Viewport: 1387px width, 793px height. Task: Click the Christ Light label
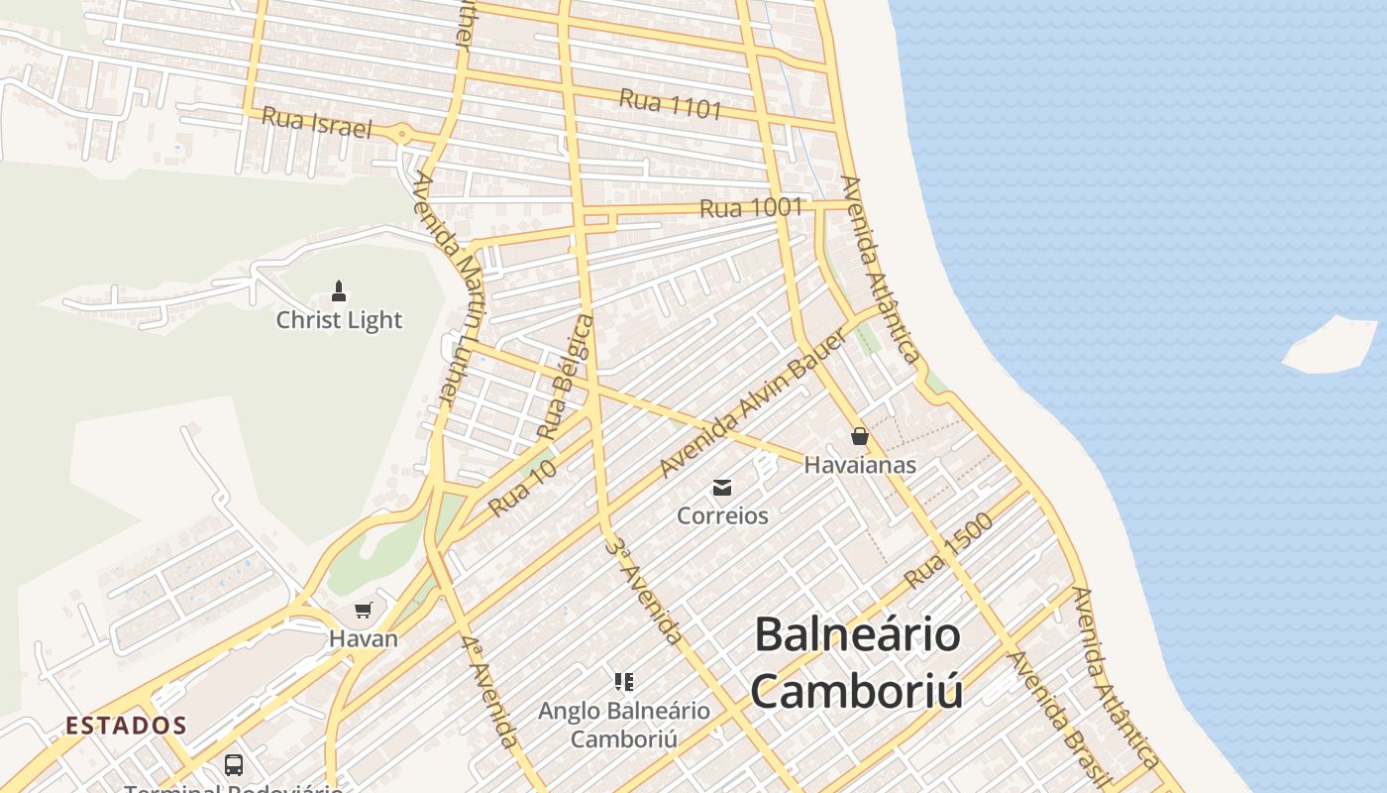[x=339, y=320]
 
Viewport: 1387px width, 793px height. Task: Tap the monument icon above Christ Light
[x=339, y=290]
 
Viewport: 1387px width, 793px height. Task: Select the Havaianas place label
[x=859, y=464]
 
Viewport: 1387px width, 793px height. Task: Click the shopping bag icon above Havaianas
[x=859, y=436]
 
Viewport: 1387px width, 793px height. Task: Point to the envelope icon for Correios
[x=722, y=487]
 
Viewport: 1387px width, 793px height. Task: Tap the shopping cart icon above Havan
[x=364, y=610]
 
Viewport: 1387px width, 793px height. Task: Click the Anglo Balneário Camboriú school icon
[x=623, y=681]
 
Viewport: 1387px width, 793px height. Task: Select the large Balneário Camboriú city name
[x=857, y=662]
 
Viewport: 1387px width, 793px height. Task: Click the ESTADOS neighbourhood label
[x=126, y=726]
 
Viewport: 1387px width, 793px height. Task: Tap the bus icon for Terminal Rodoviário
[x=234, y=765]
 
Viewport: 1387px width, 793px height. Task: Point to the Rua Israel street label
[x=317, y=124]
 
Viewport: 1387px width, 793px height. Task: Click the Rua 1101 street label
[x=671, y=103]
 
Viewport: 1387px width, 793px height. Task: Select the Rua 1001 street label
[x=750, y=208]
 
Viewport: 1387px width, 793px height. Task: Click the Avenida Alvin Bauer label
[x=752, y=403]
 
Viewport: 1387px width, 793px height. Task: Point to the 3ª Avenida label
[x=644, y=591]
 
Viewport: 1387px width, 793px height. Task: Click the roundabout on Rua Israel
[x=402, y=134]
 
